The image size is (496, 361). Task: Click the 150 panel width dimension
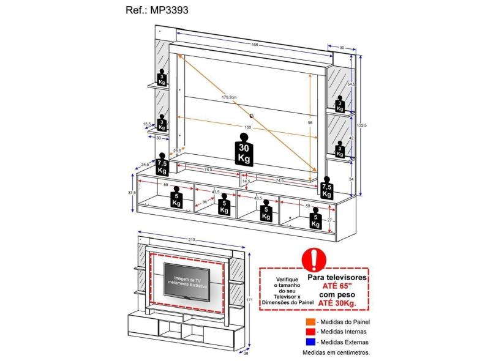(x=247, y=127)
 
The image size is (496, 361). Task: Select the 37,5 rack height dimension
(x=130, y=192)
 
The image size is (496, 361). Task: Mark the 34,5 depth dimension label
(x=145, y=165)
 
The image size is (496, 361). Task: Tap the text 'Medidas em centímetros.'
(x=336, y=352)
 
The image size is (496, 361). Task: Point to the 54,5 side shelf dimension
(x=351, y=84)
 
